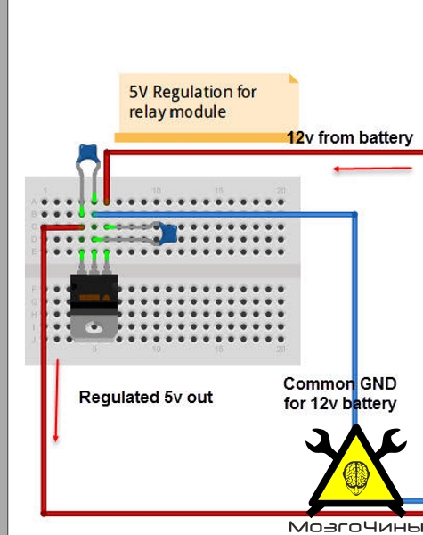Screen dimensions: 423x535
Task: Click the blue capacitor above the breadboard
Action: [88, 153]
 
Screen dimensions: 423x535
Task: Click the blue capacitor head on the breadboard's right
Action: [167, 234]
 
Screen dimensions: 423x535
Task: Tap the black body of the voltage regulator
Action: [94, 291]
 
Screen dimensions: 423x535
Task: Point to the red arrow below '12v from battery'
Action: [372, 169]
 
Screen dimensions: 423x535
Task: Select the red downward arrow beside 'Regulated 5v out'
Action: [57, 400]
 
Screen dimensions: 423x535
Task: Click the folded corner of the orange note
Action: [294, 78]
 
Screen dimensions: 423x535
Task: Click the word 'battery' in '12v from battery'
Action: [386, 138]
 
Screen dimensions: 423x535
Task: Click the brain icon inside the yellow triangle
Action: [356, 478]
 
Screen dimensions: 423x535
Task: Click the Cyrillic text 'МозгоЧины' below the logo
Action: [355, 527]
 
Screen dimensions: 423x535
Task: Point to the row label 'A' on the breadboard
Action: [34, 202]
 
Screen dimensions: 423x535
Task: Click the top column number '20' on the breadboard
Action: [281, 191]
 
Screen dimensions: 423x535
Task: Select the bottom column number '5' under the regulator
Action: [94, 349]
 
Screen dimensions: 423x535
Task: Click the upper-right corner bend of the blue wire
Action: [354, 215]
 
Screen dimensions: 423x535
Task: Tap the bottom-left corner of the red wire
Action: [44, 514]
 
